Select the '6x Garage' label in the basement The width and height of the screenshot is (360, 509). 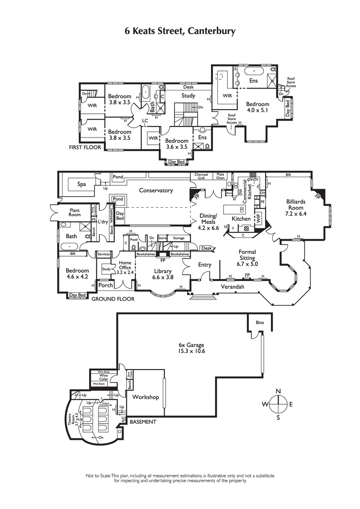(191, 348)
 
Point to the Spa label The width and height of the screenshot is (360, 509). (81, 184)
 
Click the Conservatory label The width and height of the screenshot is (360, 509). (156, 190)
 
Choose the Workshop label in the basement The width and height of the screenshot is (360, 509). (145, 397)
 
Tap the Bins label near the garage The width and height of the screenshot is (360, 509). (260, 323)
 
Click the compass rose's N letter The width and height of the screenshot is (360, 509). (278, 391)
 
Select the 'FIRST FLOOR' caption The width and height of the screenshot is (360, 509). (85, 147)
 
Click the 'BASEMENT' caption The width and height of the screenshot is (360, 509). (143, 422)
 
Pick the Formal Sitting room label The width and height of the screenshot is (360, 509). (247, 255)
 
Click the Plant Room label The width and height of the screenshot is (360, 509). (74, 212)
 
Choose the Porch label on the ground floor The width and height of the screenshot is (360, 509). (106, 285)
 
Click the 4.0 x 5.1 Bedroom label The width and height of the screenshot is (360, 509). (257, 107)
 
